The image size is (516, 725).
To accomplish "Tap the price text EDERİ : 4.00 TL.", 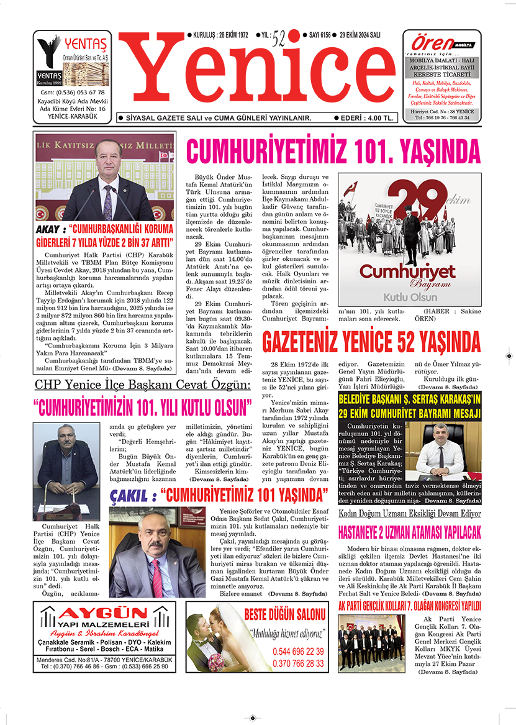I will [x=364, y=117].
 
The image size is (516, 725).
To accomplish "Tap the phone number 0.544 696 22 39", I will [x=298, y=652].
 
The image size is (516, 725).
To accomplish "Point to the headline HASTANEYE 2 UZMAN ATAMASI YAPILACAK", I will [x=410, y=532].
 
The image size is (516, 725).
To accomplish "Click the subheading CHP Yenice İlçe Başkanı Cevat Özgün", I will [x=142, y=385].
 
